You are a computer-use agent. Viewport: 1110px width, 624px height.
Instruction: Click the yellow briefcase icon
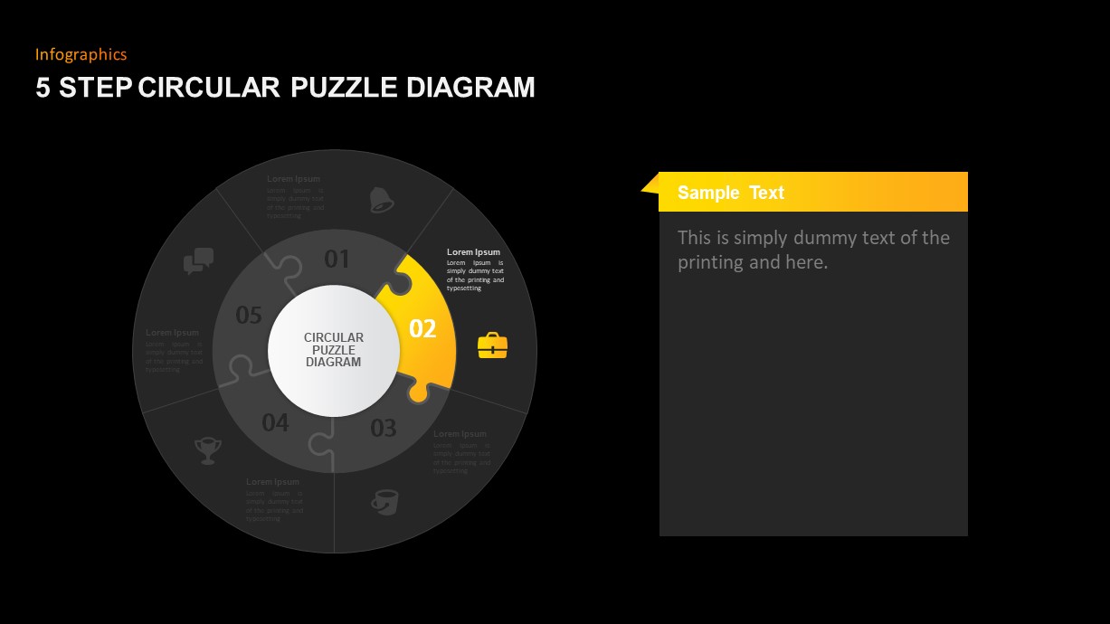pyautogui.click(x=492, y=345)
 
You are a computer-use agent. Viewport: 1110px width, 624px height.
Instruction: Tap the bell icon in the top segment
pyautogui.click(x=382, y=200)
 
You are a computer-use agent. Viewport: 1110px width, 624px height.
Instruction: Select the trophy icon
pyautogui.click(x=208, y=449)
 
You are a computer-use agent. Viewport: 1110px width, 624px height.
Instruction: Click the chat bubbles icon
pyautogui.click(x=198, y=260)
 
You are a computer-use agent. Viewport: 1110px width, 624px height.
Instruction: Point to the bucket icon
pyautogui.click(x=385, y=502)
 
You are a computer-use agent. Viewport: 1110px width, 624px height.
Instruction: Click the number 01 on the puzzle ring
pyautogui.click(x=337, y=260)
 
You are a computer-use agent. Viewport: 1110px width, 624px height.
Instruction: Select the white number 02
pyautogui.click(x=422, y=328)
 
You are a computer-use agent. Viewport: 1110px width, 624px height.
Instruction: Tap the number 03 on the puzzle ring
pyautogui.click(x=384, y=428)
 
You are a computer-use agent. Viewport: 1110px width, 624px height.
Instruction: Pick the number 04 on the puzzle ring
pyautogui.click(x=275, y=422)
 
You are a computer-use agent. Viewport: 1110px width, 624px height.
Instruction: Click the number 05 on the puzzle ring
pyautogui.click(x=249, y=315)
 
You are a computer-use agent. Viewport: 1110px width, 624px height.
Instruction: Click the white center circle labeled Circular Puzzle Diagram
pyautogui.click(x=334, y=350)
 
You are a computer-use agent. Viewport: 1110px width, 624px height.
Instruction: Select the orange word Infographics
pyautogui.click(x=81, y=54)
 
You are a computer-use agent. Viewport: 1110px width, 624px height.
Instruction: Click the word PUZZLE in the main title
pyautogui.click(x=344, y=88)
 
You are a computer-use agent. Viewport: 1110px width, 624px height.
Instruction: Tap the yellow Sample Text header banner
pyautogui.click(x=812, y=192)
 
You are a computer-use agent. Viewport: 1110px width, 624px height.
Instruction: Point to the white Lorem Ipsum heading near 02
pyautogui.click(x=473, y=251)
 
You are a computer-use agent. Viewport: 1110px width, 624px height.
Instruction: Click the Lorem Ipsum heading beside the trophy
pyautogui.click(x=272, y=482)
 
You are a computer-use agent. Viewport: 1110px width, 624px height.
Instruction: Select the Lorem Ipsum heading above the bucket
pyautogui.click(x=460, y=434)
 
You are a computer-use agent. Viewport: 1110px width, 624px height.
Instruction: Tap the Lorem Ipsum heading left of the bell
pyautogui.click(x=293, y=179)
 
